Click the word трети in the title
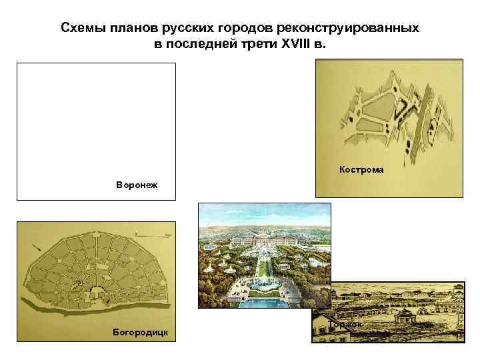pyautogui.click(x=261, y=45)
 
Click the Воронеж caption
pyautogui.click(x=138, y=183)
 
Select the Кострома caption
pyautogui.click(x=361, y=169)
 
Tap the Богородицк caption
pyautogui.click(x=141, y=331)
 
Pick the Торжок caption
pyautogui.click(x=345, y=325)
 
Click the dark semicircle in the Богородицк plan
pyautogui.click(x=95, y=291)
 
